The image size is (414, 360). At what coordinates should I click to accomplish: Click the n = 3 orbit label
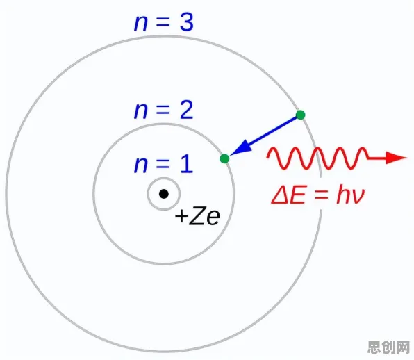[x=164, y=22]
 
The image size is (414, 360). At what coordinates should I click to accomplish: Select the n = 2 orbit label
[x=164, y=110]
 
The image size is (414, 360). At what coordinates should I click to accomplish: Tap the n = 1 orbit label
[x=163, y=164]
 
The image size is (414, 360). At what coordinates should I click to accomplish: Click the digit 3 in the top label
[x=187, y=22]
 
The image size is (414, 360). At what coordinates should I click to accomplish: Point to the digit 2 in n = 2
[x=187, y=110]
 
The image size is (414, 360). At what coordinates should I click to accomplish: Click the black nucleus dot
[x=164, y=194]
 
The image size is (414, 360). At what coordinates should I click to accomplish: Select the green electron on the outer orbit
[x=301, y=115]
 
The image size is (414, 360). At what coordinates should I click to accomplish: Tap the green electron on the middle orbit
[x=224, y=158]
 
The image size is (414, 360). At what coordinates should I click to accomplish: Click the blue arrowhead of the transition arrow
[x=241, y=147]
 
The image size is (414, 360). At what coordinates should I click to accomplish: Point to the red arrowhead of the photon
[x=396, y=158]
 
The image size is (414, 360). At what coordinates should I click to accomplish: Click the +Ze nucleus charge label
[x=197, y=217]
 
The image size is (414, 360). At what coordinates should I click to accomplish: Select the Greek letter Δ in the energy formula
[x=280, y=196]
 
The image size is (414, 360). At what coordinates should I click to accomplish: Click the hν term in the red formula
[x=351, y=195]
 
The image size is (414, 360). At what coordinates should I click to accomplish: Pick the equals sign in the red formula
[x=321, y=196]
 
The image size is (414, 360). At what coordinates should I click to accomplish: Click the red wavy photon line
[x=317, y=158]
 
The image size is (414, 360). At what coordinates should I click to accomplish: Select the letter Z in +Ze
[x=197, y=215]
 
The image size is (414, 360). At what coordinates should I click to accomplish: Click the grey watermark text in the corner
[x=389, y=347]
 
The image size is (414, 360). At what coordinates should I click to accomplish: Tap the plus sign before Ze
[x=181, y=216]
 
